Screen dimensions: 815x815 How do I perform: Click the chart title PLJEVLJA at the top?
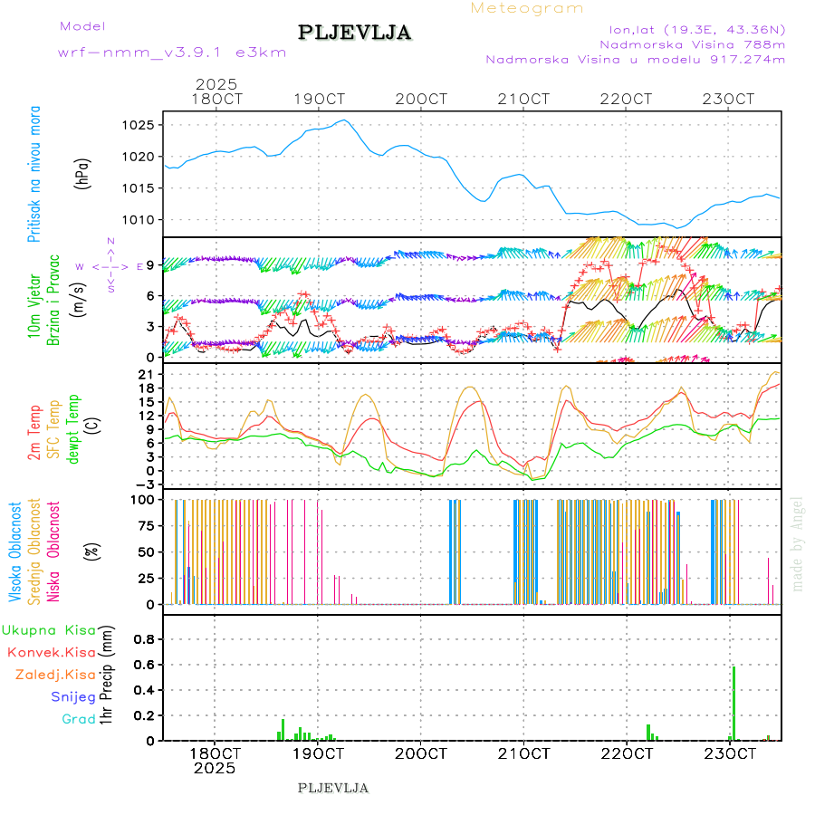pos(355,34)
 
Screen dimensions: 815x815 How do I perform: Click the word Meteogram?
pos(527,8)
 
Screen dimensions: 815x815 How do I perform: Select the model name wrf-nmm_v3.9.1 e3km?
pos(172,53)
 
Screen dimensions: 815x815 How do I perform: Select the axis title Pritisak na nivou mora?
pos(34,173)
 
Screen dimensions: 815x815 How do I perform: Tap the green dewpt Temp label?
pos(73,427)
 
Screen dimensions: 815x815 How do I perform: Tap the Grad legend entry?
pos(78,719)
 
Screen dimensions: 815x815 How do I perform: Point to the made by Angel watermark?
pos(797,542)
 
